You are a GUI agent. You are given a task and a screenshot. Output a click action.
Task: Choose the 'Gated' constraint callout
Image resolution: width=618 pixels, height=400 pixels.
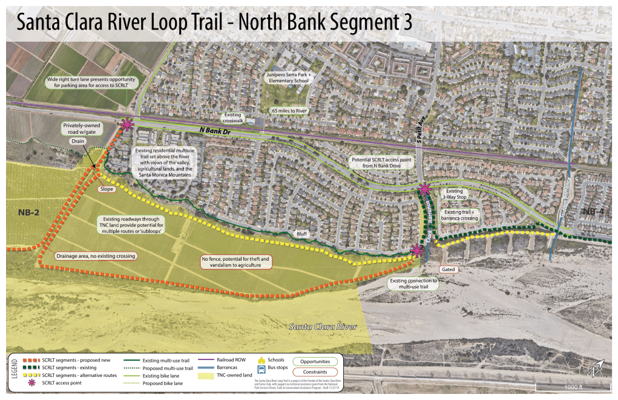pos(449,269)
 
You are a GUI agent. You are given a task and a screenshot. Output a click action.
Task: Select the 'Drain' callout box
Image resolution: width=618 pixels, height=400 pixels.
pos(77,141)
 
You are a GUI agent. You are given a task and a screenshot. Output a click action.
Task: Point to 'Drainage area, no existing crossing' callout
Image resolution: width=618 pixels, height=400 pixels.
pos(96,256)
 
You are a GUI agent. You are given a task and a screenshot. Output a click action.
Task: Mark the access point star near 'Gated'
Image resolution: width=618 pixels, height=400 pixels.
pos(416,251)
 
